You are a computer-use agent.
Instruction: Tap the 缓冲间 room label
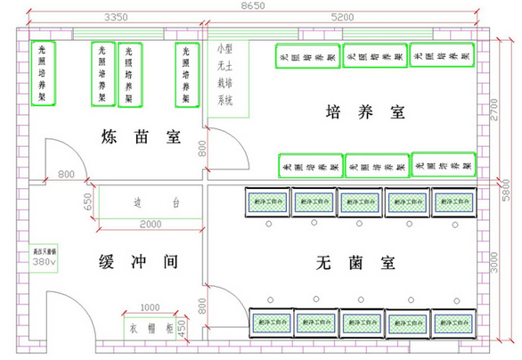click(139, 263)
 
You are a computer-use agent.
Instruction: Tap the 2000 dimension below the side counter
click(151, 223)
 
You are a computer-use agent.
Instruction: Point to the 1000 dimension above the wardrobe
click(150, 307)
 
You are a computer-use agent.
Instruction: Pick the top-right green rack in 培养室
click(443, 55)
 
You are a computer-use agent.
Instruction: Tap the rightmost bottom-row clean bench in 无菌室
click(453, 320)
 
